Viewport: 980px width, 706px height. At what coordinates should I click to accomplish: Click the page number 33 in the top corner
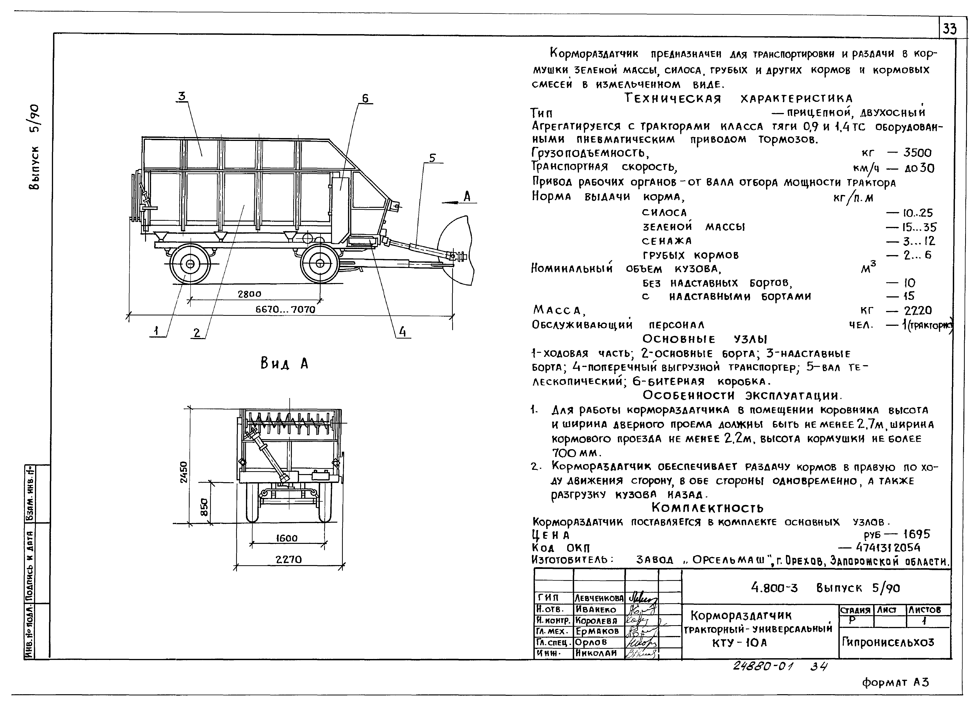949,29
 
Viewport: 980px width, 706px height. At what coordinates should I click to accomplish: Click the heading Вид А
284,364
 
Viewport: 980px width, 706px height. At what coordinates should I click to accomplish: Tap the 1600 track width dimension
287,538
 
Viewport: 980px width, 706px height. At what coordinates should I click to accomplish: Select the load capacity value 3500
918,153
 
